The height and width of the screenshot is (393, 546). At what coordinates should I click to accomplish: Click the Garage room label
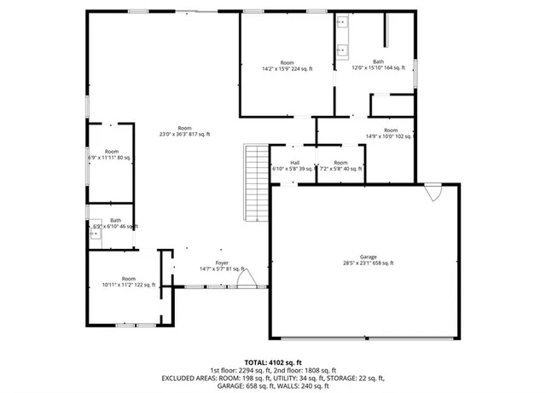tap(369, 257)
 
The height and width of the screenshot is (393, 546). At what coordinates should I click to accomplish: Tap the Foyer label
tap(222, 263)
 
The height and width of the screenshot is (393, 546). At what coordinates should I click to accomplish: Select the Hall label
tap(294, 163)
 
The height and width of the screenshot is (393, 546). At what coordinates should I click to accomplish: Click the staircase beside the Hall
tap(252, 183)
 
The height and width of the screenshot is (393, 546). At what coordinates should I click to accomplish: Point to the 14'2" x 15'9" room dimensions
tap(287, 69)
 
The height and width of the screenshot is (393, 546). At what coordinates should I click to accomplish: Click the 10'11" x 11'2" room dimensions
tap(129, 286)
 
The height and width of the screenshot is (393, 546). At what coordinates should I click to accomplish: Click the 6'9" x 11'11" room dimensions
tap(111, 158)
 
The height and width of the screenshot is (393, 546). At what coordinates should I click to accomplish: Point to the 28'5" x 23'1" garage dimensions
tap(369, 263)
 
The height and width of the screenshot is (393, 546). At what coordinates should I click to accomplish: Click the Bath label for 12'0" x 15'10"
tap(378, 61)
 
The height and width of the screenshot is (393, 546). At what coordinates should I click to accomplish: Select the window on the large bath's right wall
tap(415, 72)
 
